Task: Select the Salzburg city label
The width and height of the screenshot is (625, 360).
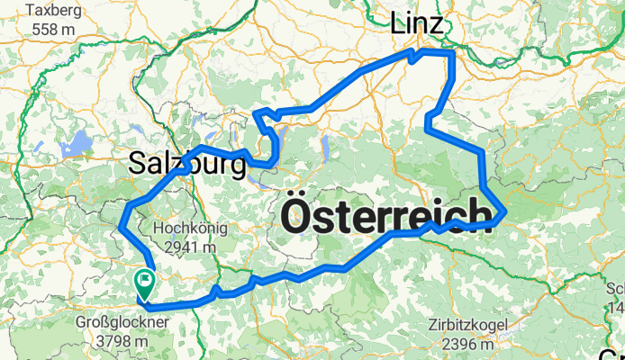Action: (187, 165)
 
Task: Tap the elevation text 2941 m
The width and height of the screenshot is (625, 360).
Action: (187, 247)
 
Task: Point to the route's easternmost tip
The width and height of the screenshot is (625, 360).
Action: (507, 211)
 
